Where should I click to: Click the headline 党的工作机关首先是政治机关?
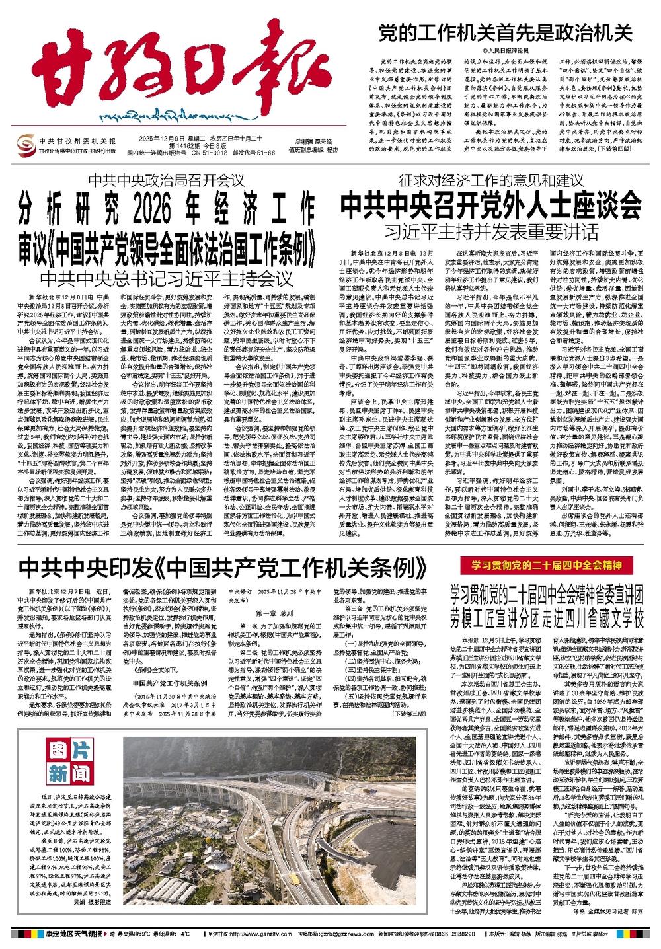click(x=505, y=32)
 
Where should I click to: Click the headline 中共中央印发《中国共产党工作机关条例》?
click(x=222, y=566)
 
